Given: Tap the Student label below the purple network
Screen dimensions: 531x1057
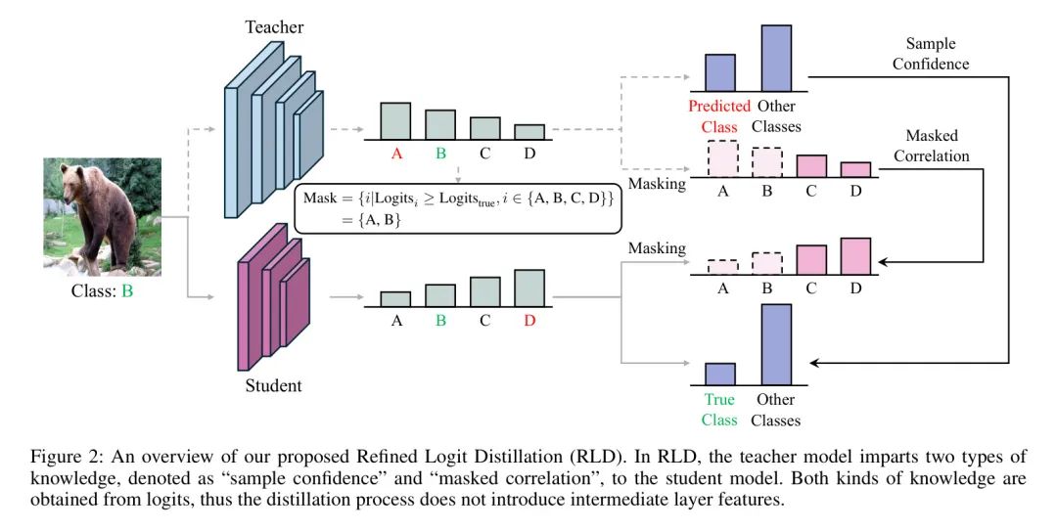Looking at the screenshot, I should (272, 385).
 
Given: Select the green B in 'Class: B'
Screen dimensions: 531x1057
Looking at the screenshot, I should (127, 290).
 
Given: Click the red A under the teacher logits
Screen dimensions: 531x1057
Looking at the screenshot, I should (395, 153).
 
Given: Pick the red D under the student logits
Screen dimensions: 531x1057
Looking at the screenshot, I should (528, 320).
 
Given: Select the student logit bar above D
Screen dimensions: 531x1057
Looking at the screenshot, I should (528, 288).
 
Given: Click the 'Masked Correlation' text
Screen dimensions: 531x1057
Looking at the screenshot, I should (931, 146).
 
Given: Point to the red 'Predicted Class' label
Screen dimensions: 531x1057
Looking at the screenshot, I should (719, 115).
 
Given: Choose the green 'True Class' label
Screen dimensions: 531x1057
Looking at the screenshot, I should (719, 410).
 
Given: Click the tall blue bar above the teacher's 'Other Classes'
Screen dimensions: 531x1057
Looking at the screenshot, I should (776, 59).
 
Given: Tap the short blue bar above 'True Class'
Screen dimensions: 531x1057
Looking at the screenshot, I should (719, 374).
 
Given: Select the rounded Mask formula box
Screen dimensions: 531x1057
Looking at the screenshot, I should (457, 207).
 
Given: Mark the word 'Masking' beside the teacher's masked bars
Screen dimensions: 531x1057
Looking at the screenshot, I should (657, 184).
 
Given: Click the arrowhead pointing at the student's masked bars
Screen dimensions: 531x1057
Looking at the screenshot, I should (887, 262).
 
